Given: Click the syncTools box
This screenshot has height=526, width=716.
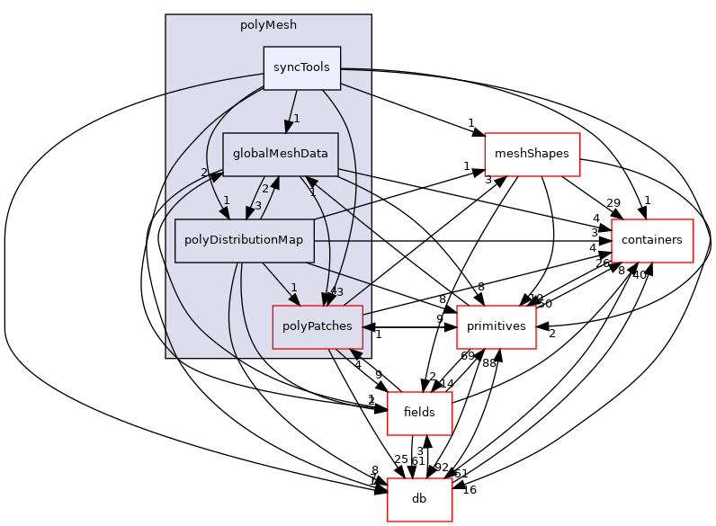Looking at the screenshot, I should (x=301, y=67).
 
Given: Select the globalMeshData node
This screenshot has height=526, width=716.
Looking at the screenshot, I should (x=280, y=154).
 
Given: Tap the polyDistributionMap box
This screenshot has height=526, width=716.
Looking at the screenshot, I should (x=244, y=240).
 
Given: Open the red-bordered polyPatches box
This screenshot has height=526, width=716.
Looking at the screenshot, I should (x=317, y=326).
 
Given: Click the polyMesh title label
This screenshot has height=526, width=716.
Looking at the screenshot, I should (x=268, y=25).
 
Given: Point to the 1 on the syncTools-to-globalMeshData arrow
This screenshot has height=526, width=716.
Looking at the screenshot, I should (x=296, y=119).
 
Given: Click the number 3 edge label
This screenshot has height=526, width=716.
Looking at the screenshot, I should (x=257, y=205).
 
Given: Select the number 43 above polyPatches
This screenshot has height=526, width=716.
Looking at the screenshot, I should (x=336, y=291).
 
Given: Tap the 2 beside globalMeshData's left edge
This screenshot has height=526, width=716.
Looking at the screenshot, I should (x=204, y=173).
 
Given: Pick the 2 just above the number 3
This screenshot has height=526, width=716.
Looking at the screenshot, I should (x=264, y=189).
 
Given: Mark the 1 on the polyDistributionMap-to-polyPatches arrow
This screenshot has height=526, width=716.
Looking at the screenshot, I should (x=293, y=288).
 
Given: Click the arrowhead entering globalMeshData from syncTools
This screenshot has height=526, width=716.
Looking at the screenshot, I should (x=287, y=126).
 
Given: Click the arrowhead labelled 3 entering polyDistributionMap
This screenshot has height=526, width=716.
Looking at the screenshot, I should (x=249, y=212).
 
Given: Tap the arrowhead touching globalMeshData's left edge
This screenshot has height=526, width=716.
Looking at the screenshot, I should (x=216, y=177).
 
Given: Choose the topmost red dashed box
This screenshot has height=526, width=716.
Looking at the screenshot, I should (x=532, y=155).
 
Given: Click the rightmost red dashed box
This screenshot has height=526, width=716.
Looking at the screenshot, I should (x=652, y=241).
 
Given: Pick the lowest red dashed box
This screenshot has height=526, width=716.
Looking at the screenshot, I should (x=419, y=500).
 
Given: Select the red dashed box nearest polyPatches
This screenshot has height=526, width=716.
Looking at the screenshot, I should (x=497, y=327).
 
